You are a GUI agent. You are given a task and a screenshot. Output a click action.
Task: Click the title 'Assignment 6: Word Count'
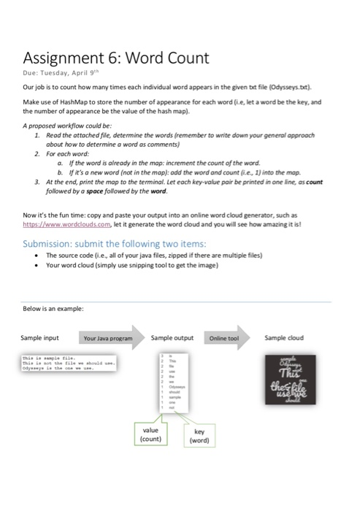[x=116, y=58]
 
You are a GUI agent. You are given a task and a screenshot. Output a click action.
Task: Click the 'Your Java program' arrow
[x=110, y=339]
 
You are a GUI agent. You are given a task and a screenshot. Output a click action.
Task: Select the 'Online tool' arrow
[x=226, y=339]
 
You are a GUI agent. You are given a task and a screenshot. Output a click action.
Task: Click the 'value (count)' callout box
[x=151, y=435]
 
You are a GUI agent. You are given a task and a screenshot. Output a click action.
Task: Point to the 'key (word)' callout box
[x=199, y=437]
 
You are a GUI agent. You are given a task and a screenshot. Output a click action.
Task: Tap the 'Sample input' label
[x=40, y=339]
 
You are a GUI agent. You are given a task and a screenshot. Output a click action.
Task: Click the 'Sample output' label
[x=172, y=339]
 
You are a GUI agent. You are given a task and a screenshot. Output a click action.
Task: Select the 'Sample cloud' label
[x=285, y=339]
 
